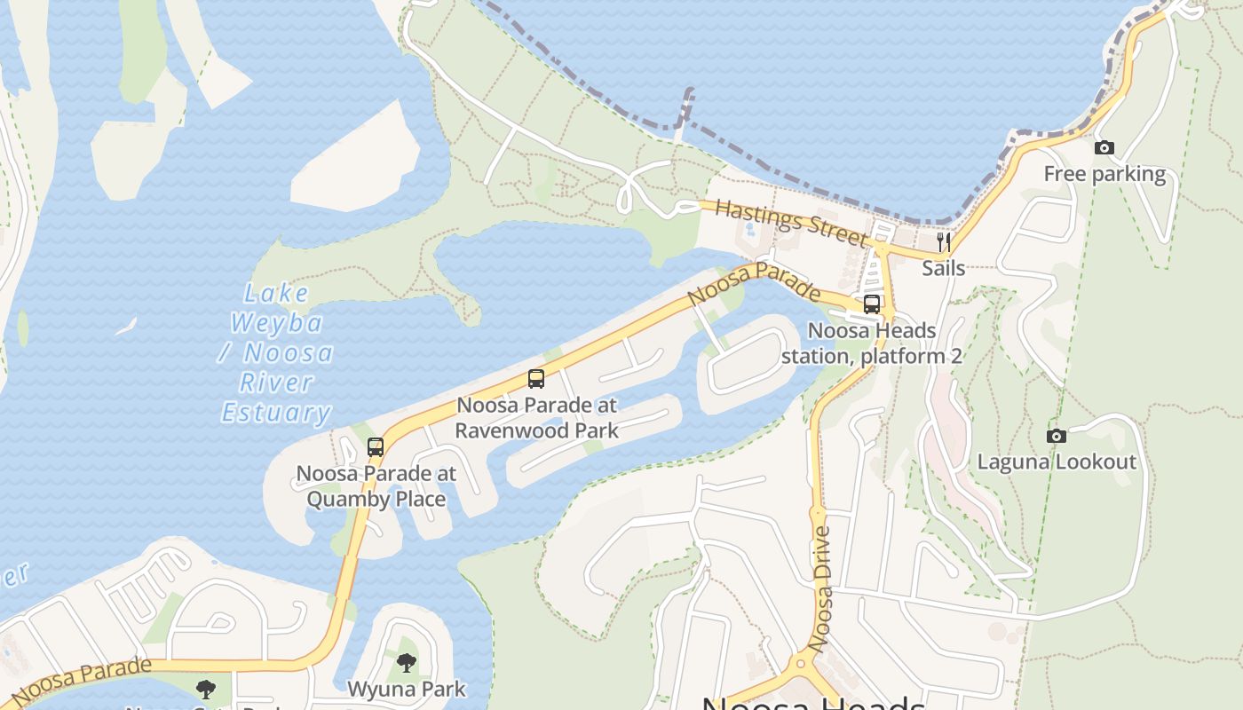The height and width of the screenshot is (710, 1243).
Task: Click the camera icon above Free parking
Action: (x=1104, y=148)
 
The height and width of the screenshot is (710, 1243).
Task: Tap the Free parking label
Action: (x=1104, y=174)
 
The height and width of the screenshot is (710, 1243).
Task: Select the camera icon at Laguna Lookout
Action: (x=1056, y=436)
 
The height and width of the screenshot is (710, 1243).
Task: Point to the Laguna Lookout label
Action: (x=1057, y=461)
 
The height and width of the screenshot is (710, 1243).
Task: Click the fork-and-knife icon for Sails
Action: (x=943, y=241)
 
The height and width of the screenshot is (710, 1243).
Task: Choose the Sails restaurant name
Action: (x=943, y=267)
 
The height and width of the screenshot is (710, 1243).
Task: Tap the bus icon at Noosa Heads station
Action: (x=872, y=304)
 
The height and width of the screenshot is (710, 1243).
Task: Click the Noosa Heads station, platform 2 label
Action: (x=872, y=343)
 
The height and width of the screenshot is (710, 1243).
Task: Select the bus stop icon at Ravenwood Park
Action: (x=536, y=379)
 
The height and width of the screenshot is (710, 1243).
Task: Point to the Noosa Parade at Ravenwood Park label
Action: (x=537, y=418)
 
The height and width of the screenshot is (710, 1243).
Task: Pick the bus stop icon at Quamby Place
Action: (x=376, y=447)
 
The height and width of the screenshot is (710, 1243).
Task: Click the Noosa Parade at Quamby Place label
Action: (x=376, y=486)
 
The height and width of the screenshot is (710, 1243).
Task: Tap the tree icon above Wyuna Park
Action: (x=406, y=662)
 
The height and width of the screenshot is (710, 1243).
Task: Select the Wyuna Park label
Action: (x=406, y=689)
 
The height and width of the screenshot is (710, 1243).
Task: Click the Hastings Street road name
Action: (x=790, y=223)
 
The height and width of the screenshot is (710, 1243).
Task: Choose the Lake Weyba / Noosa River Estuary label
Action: (x=276, y=353)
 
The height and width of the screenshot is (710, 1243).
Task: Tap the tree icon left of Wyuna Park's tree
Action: (x=206, y=689)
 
